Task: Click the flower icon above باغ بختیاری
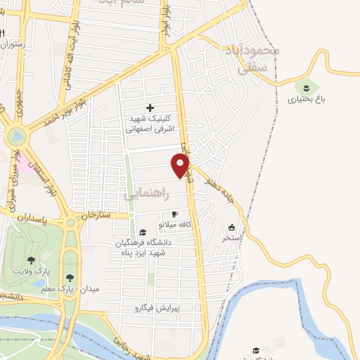tap(306, 87)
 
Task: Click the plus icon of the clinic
tap(149, 108)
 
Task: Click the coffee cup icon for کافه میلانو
tap(175, 214)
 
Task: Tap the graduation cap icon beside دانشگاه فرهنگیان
tap(143, 232)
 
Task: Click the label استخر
tap(232, 238)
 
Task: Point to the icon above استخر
tap(232, 227)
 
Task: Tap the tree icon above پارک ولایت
tap(31, 260)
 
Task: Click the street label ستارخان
tap(96, 214)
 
